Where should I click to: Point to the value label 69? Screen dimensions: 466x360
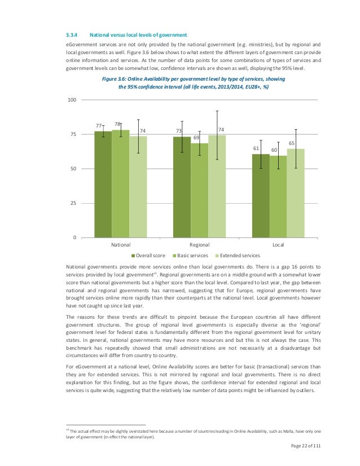click(x=197, y=137)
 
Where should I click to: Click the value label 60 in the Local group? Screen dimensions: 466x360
click(x=274, y=150)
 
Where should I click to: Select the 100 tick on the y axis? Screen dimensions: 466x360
click(x=72, y=100)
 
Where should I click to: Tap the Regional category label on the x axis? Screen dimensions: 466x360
click(x=200, y=245)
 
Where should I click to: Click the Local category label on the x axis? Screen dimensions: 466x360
click(x=278, y=245)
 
